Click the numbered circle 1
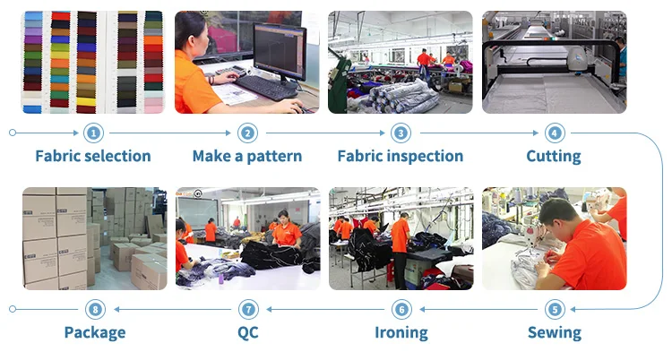(93, 133)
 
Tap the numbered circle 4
(554, 133)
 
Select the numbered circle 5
(555, 310)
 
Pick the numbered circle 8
(95, 310)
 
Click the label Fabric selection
(93, 156)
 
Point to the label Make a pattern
(247, 156)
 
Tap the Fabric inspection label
(401, 156)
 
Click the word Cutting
(554, 157)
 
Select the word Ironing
(401, 332)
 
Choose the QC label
(248, 332)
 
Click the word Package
(95, 332)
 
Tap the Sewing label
(555, 332)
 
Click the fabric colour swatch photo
(93, 62)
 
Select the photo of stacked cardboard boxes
(94, 239)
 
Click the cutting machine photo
(554, 62)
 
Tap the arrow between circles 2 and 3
(325, 133)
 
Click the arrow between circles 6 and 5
(478, 310)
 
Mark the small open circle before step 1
(13, 133)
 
